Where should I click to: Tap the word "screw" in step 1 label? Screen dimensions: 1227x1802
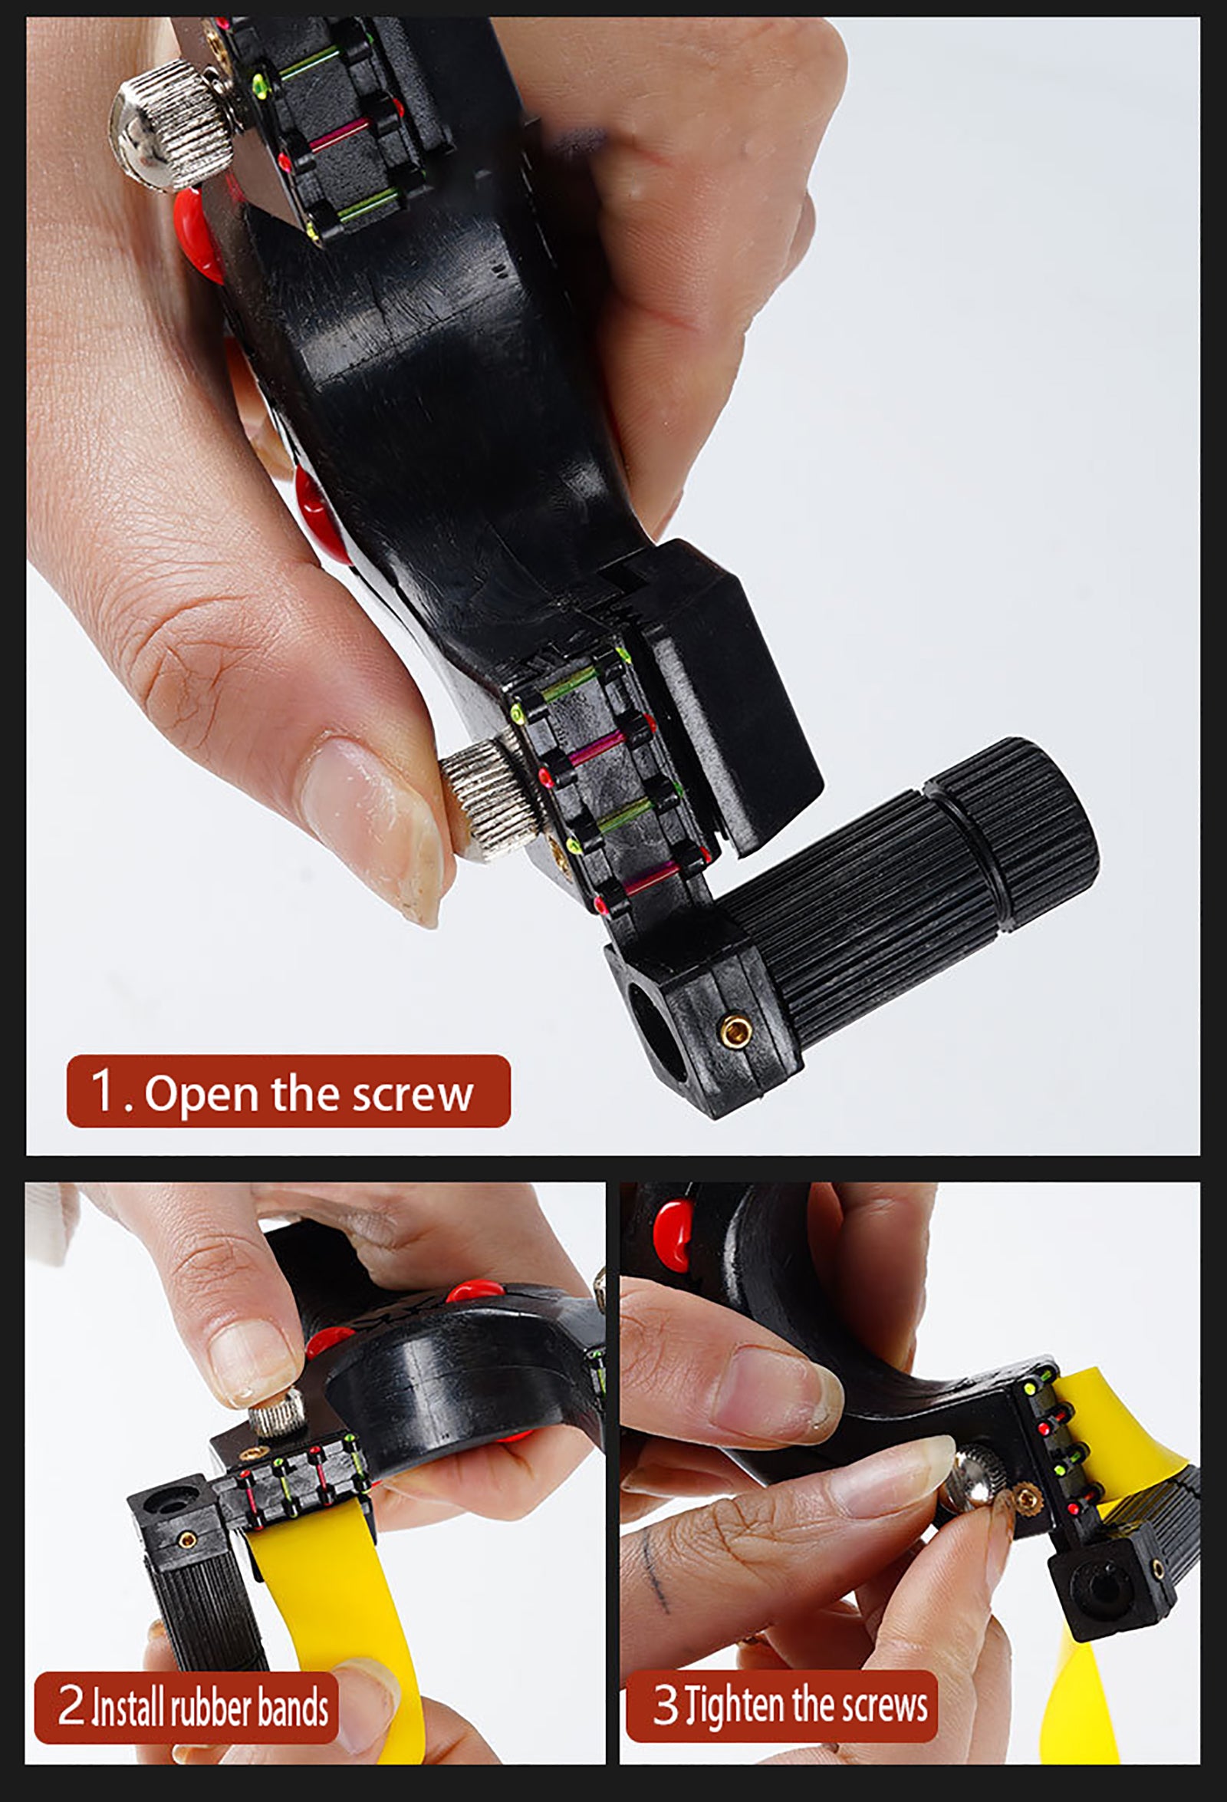tap(413, 1095)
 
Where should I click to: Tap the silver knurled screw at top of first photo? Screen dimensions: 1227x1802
tap(171, 127)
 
